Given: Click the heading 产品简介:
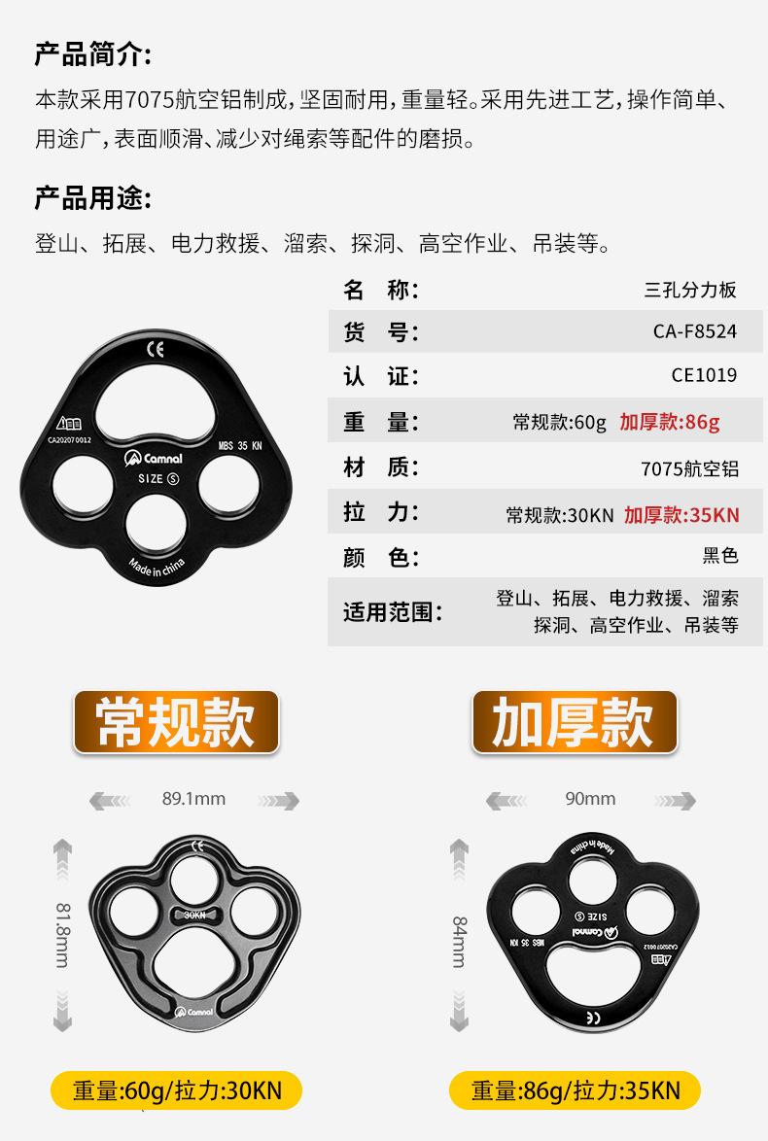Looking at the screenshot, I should click(x=93, y=54).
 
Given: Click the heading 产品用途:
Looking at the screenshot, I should click(x=93, y=199).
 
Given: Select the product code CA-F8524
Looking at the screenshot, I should click(x=694, y=331).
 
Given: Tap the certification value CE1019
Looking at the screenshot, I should click(x=704, y=375).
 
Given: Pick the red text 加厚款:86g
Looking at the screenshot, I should click(x=669, y=422).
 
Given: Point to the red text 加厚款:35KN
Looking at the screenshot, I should click(x=681, y=515).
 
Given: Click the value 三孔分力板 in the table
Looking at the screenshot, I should click(x=690, y=290).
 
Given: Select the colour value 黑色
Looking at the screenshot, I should click(x=720, y=556).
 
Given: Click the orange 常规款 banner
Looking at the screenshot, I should click(x=176, y=722).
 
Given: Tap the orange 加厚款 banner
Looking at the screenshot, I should click(x=574, y=722).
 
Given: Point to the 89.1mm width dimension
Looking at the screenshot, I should click(x=193, y=799).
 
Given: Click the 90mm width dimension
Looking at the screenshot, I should click(x=590, y=799).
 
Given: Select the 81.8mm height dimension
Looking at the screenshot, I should click(x=62, y=934).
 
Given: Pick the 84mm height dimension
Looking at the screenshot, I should click(x=460, y=941).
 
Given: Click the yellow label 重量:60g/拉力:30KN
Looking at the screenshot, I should click(x=177, y=1090).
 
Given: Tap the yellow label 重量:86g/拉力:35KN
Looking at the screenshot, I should click(x=576, y=1090).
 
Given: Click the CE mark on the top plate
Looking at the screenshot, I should click(x=156, y=349).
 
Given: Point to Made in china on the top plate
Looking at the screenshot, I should click(x=157, y=568).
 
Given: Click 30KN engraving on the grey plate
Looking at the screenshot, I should click(x=194, y=915).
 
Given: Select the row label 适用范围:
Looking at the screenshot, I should click(x=392, y=612).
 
